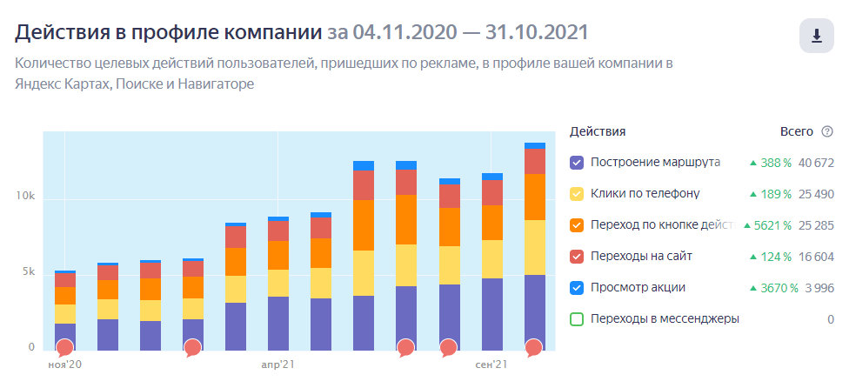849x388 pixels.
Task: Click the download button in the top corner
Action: pos(816,36)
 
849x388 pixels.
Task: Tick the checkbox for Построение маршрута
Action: pos(577,163)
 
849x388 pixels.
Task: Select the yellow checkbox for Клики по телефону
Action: pos(577,194)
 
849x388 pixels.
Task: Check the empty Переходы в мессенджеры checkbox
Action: pos(577,319)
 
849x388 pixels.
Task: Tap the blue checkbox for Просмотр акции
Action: pos(577,288)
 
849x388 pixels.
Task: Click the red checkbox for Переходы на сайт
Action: pos(577,257)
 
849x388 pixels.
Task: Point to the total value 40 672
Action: pos(816,163)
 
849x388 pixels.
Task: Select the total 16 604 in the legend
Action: pos(816,257)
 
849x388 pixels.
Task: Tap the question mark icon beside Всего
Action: pos(827,131)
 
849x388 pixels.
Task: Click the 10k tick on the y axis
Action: pos(25,197)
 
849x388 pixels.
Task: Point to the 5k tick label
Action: pos(28,272)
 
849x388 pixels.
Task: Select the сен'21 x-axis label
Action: pos(491,364)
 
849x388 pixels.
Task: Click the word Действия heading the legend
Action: pos(598,131)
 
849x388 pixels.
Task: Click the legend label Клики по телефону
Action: pos(645,194)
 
